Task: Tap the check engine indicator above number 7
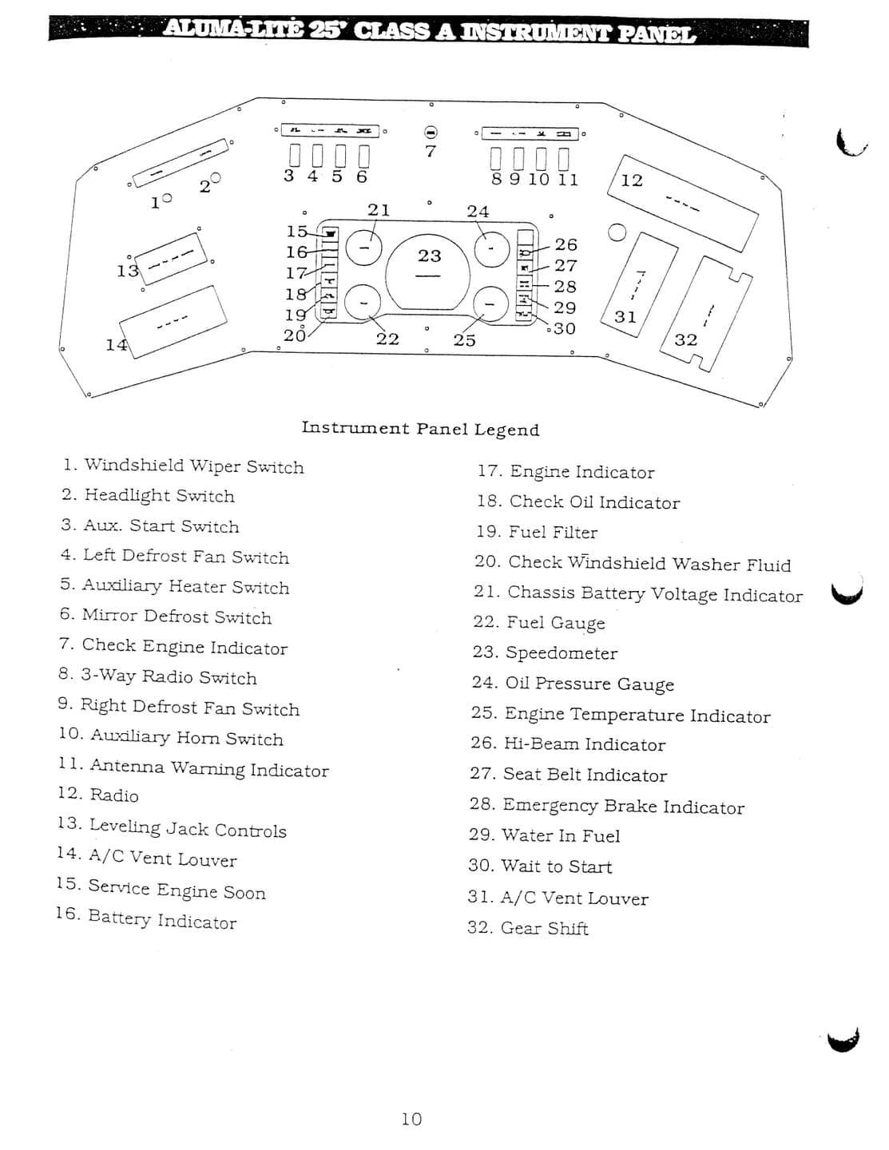(431, 132)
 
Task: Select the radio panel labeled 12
(683, 203)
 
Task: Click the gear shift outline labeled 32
(706, 314)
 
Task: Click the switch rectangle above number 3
(296, 156)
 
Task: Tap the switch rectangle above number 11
(564, 158)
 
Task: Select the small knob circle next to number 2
(216, 178)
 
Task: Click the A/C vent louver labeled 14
(173, 323)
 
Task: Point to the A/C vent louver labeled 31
(639, 285)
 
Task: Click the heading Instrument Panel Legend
(421, 428)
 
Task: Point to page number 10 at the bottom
(411, 1119)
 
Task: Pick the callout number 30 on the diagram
(564, 328)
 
